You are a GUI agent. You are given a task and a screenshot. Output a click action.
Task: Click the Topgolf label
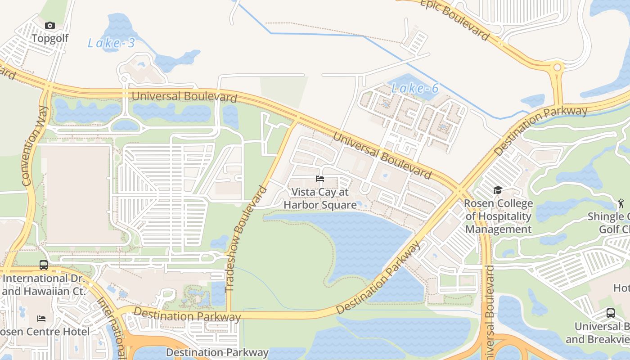tap(49, 38)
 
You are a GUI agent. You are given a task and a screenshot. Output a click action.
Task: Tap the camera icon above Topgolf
tap(50, 26)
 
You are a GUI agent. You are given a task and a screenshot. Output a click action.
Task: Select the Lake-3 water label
tap(111, 43)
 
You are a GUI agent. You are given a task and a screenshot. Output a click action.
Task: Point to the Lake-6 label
tap(414, 88)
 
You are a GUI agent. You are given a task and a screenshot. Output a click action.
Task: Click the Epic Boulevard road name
tap(454, 19)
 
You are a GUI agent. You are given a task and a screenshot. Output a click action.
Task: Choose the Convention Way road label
tap(35, 146)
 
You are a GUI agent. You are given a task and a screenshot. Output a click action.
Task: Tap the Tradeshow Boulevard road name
tap(246, 239)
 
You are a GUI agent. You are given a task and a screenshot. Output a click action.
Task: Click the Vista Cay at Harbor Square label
tap(320, 198)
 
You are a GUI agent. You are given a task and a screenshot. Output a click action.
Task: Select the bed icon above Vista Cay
tap(320, 179)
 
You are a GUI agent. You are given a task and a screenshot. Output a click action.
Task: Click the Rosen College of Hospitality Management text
tap(498, 216)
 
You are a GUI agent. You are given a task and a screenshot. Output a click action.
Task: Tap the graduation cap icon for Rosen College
tap(498, 190)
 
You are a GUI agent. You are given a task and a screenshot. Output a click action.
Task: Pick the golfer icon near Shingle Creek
tap(621, 203)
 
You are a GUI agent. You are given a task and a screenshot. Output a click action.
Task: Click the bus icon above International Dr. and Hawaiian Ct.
tap(44, 265)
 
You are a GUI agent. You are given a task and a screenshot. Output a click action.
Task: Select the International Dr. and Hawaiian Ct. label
tap(43, 285)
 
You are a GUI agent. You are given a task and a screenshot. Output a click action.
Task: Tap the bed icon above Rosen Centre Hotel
tap(41, 319)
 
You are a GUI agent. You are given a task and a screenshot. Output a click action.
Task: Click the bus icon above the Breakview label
tap(610, 313)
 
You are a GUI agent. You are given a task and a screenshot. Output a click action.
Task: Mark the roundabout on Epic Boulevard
tap(558, 68)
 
